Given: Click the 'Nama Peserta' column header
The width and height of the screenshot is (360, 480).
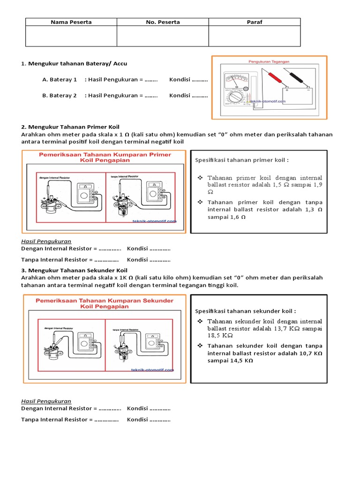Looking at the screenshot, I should pyautogui.click(x=71, y=22).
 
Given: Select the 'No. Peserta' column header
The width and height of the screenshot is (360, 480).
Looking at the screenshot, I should pyautogui.click(x=163, y=22).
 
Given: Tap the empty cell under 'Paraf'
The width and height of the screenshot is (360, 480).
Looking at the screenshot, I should pyautogui.click(x=254, y=36).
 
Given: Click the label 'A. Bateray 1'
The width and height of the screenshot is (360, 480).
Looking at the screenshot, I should pyautogui.click(x=60, y=79).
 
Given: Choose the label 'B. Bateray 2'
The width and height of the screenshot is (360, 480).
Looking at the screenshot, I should pyautogui.click(x=60, y=95).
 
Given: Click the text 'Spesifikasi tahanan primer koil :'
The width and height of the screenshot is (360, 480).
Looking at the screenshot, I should pyautogui.click(x=242, y=160).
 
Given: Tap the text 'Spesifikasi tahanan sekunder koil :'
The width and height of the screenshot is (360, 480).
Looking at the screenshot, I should pyautogui.click(x=245, y=311).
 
